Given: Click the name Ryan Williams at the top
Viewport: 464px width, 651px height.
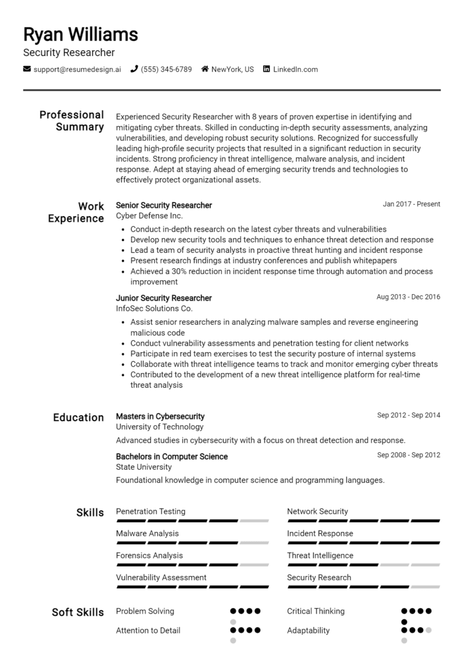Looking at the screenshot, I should [80, 34].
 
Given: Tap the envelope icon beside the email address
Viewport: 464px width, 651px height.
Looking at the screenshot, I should [27, 69].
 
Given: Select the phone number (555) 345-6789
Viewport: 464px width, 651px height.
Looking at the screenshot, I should [166, 69].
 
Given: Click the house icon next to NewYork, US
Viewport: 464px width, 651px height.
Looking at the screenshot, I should [205, 69].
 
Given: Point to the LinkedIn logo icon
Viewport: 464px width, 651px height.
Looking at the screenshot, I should [266, 69].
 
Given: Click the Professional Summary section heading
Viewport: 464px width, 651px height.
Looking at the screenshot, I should [71, 121].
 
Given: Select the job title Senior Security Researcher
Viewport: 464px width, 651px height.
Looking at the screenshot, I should [164, 205].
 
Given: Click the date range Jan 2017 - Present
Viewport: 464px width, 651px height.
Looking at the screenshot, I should [411, 204].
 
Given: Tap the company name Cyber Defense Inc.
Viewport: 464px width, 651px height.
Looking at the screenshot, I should [149, 216].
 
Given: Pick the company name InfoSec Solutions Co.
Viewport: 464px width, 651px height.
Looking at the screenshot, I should [154, 308].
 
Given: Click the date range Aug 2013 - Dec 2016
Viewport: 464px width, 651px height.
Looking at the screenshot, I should [408, 297].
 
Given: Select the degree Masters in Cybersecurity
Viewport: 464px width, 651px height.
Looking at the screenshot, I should [160, 416].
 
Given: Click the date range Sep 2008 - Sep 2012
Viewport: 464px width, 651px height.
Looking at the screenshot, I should [408, 455].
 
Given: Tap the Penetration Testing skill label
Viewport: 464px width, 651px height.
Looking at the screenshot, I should [150, 512].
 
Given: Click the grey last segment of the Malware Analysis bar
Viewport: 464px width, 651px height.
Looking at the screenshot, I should [254, 542].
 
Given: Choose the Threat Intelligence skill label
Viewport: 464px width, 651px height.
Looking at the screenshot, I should [320, 556].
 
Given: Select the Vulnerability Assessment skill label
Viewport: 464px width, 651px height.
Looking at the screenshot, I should [161, 577].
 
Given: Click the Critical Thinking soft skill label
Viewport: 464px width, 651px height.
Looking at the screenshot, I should [315, 611].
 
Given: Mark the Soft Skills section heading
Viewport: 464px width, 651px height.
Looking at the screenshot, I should [78, 612].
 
